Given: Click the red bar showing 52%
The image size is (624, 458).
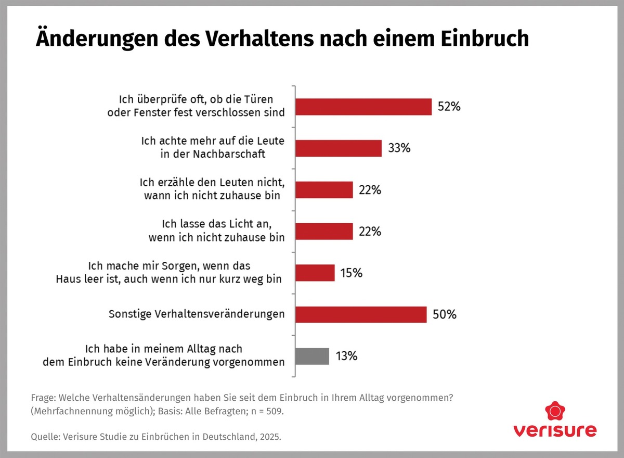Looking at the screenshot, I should [363, 107].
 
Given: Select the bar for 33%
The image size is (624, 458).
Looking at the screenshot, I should [339, 148].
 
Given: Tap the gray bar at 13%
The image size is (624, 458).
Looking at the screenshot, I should [312, 356].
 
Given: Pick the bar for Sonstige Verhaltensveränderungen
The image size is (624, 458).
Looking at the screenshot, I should [361, 314].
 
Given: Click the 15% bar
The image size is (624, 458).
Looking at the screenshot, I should [315, 273].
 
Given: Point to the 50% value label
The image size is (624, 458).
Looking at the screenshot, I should [445, 314].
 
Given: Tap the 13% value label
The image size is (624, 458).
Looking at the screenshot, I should [347, 357].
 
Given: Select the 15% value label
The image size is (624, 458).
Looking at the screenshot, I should [352, 273].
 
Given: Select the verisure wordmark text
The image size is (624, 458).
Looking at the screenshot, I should [555, 431].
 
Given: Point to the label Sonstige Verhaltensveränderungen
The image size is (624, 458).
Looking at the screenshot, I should [197, 314].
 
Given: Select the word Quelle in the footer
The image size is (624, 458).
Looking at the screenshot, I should [45, 437].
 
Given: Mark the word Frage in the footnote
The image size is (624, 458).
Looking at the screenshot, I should [43, 398].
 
